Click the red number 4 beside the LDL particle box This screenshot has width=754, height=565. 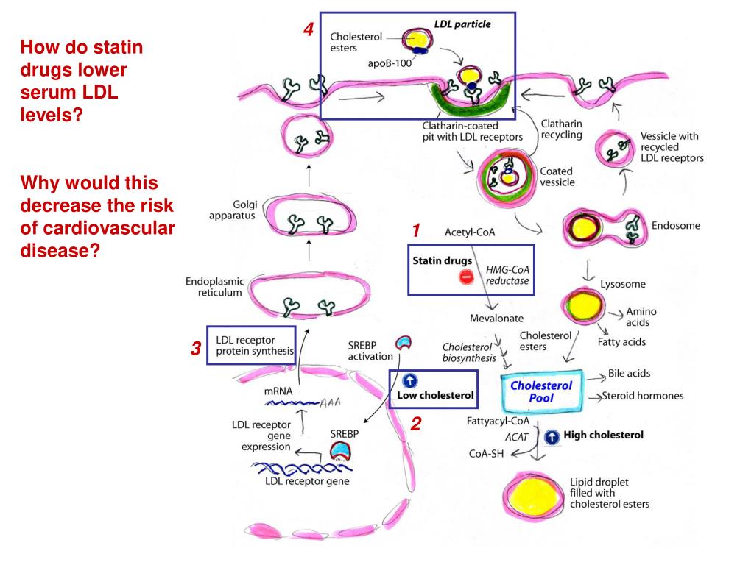coord(309,31)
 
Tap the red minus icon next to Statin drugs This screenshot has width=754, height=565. coord(466,277)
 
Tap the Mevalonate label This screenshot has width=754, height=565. coord(497,319)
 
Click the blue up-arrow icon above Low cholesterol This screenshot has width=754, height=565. coord(411,380)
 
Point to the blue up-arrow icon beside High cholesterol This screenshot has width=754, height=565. coord(551,437)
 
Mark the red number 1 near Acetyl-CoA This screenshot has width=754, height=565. coord(416,231)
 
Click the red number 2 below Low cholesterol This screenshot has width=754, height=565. coord(416,424)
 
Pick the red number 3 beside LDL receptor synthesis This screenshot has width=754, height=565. coord(196,349)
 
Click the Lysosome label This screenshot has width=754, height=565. coord(623,284)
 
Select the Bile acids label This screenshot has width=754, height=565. coord(630,373)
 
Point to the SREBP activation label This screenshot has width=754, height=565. coord(370,350)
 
